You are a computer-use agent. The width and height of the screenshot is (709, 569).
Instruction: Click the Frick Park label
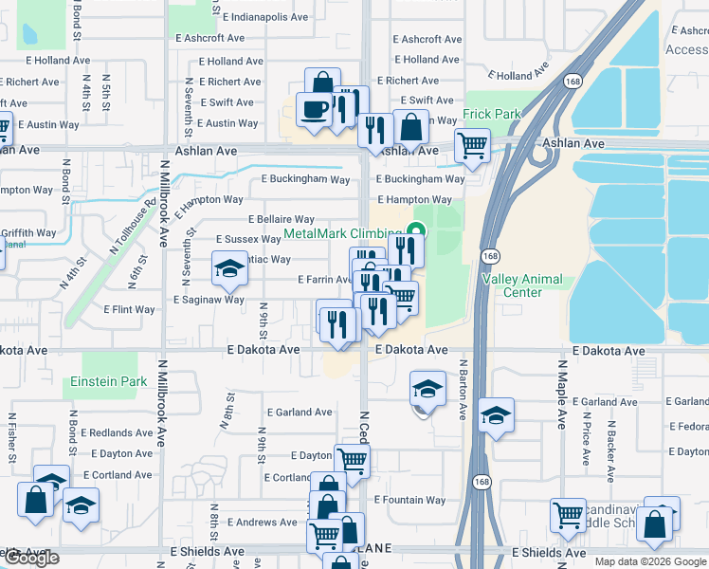click(x=492, y=114)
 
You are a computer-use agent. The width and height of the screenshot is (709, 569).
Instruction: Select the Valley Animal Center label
click(x=522, y=285)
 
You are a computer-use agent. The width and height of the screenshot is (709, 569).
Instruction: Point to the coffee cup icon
click(x=314, y=109)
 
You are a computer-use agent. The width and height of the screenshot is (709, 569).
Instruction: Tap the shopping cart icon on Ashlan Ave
click(x=472, y=145)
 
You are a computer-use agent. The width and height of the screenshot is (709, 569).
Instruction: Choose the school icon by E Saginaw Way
click(x=228, y=270)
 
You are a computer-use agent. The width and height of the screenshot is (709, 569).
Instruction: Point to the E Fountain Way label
click(x=409, y=500)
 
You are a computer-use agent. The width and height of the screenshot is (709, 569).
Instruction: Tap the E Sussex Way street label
click(x=249, y=240)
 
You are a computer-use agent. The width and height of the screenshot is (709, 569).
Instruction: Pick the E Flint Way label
click(x=129, y=309)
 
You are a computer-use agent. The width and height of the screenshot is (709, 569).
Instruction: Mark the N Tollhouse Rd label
click(x=132, y=219)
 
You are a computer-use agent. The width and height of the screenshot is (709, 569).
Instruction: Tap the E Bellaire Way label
click(x=279, y=219)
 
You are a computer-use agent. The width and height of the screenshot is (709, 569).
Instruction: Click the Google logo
click(x=31, y=559)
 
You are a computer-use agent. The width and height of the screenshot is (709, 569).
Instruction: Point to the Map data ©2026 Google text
click(x=650, y=561)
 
